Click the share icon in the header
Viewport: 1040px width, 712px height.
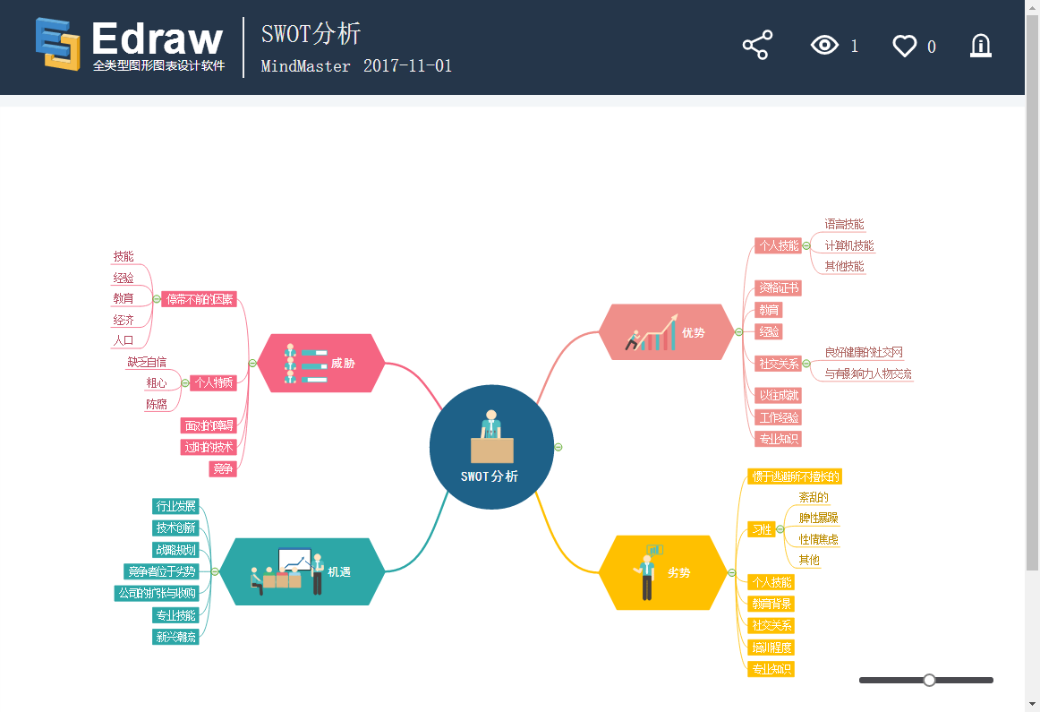[x=757, y=46]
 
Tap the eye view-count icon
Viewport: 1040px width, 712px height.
[x=824, y=46]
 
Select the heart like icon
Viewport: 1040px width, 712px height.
[x=905, y=47]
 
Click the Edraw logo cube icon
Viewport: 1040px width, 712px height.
[x=58, y=44]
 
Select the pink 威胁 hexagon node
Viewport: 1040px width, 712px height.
[x=321, y=364]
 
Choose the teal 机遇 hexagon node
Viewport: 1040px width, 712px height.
[x=303, y=571]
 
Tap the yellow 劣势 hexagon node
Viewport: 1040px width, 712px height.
[x=663, y=572]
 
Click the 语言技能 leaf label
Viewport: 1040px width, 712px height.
[x=844, y=224]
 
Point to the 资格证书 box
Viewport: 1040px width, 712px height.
[x=778, y=288]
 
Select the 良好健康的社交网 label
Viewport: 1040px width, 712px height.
[x=864, y=352]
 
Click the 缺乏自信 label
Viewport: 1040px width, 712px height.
[x=147, y=362]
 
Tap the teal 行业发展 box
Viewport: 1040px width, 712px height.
[x=175, y=506]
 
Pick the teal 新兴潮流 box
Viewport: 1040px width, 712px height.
[x=175, y=637]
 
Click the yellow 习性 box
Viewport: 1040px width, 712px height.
[x=762, y=529]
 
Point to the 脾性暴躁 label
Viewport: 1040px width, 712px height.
[x=818, y=518]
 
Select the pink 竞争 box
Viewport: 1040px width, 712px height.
[x=223, y=468]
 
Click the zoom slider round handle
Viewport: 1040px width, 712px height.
[x=929, y=681]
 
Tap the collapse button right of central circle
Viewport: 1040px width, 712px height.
[x=558, y=447]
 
